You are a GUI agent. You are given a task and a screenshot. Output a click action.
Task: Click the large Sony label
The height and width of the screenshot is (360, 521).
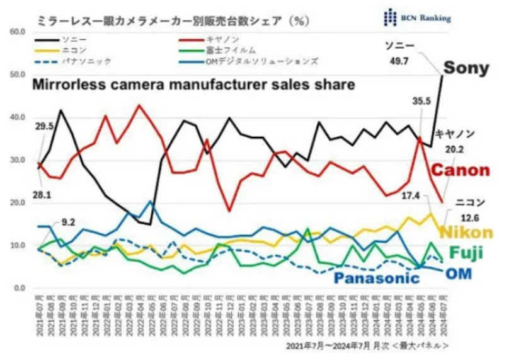point(466,68)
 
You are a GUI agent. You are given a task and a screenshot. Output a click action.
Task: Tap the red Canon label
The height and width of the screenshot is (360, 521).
point(461,170)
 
